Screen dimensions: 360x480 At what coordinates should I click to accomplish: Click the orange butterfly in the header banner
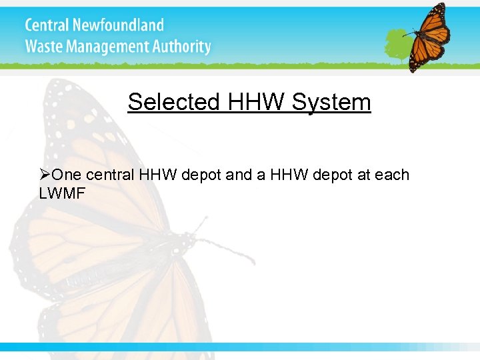coord(426,37)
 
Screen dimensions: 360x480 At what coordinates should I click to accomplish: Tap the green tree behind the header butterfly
coord(399,43)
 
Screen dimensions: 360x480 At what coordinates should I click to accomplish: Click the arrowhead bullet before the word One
coord(45,175)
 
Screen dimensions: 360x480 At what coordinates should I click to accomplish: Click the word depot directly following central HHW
coord(201,175)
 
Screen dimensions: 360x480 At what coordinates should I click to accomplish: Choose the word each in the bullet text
coord(392,175)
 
